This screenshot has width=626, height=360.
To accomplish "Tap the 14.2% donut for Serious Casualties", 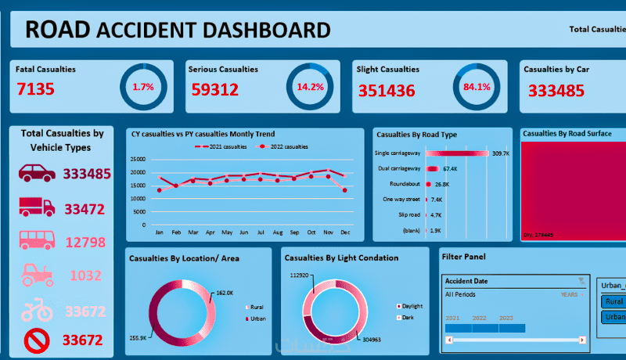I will pyautogui.click(x=310, y=86).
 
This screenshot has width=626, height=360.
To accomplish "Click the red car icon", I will pyautogui.click(x=36, y=173).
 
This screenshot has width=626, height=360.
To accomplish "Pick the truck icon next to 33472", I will pyautogui.click(x=36, y=207).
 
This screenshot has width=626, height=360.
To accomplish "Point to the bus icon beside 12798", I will pyautogui.click(x=36, y=240).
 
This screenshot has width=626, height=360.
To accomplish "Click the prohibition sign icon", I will pyautogui.click(x=36, y=340).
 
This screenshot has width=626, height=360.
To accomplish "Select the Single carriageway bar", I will pyautogui.click(x=456, y=153).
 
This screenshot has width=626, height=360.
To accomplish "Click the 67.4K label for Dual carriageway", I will pyautogui.click(x=450, y=169).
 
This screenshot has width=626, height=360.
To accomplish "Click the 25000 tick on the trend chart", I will pyautogui.click(x=138, y=159).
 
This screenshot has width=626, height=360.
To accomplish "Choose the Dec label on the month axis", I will pyautogui.click(x=344, y=233).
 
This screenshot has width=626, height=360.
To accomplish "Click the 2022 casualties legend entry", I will pyautogui.click(x=286, y=146).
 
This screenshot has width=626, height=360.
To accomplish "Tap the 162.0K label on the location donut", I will pyautogui.click(x=225, y=293).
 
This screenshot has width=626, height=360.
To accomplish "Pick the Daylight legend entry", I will pyautogui.click(x=410, y=305).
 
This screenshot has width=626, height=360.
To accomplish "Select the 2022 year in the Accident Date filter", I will pyautogui.click(x=479, y=319).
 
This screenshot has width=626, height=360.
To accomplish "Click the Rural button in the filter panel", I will pyautogui.click(x=614, y=301).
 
